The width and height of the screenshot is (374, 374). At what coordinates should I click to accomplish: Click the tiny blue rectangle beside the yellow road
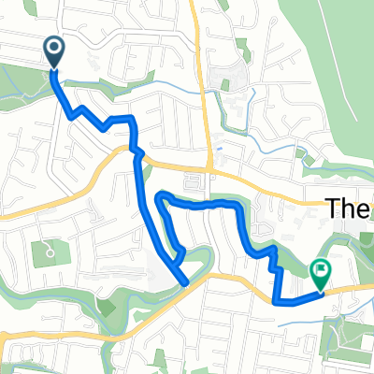click(x=216, y=149)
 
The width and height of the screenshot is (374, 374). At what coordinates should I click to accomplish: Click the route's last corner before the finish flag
click(x=276, y=301)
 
